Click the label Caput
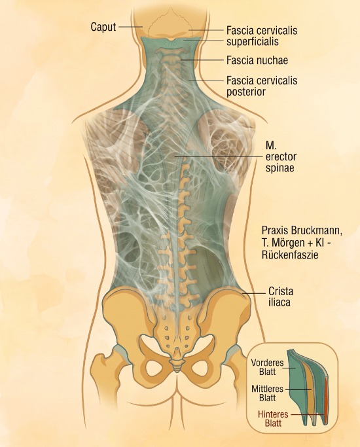tap(103, 27)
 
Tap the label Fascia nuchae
tap(257, 60)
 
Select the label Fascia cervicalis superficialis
tap(262, 36)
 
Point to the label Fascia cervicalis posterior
tap(262, 86)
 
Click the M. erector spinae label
tap(281, 157)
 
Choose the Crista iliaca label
tap(281, 296)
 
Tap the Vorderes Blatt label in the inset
tap(267, 367)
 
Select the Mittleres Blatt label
tap(267, 393)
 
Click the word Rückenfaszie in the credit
tap(289, 255)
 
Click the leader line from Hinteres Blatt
tap(308, 414)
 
